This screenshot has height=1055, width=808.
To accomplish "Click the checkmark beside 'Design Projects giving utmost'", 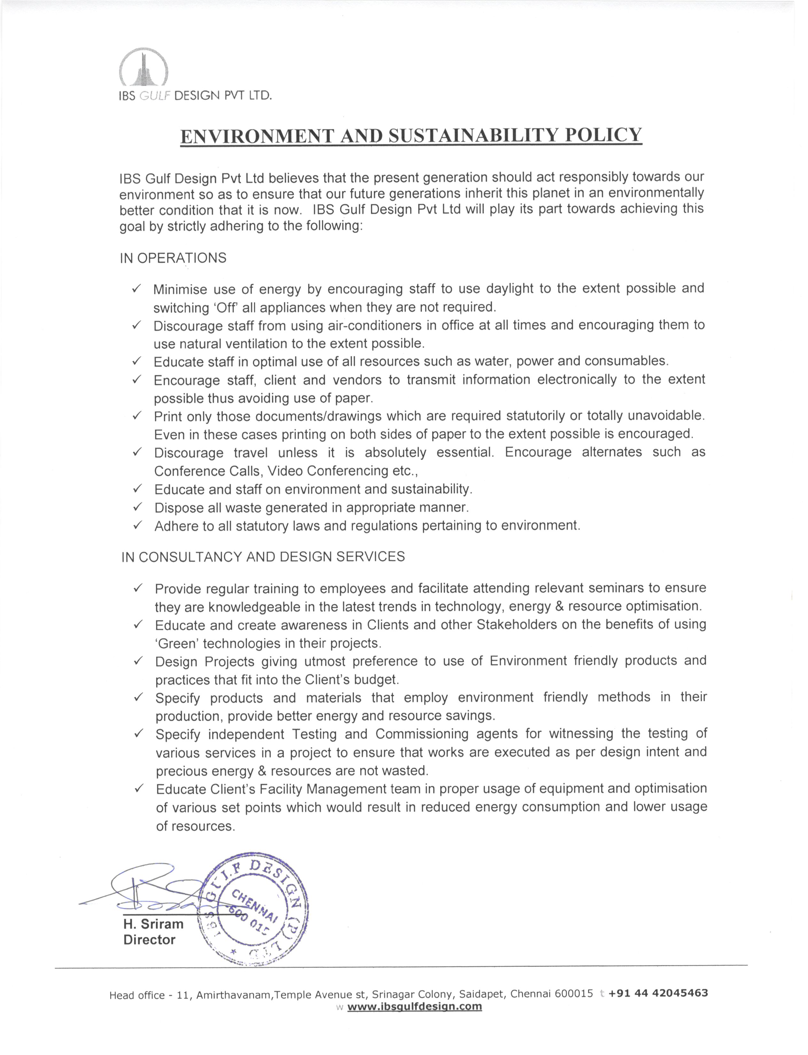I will pyautogui.click(x=138, y=661).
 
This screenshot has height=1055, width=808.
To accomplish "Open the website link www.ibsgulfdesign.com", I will pyautogui.click(x=414, y=1007).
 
